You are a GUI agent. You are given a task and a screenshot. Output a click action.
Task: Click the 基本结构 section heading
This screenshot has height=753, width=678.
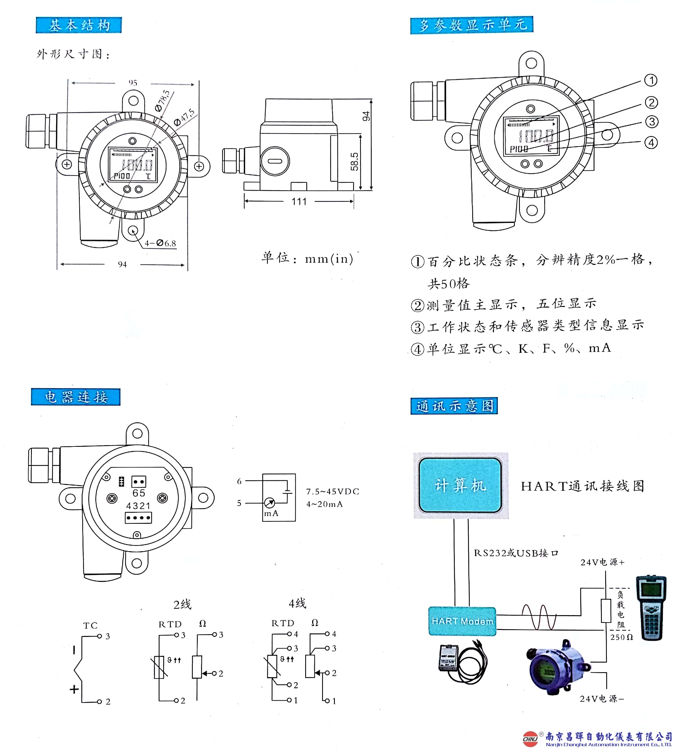point(79,25)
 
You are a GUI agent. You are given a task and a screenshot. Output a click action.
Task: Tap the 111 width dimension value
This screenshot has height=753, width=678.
point(299,202)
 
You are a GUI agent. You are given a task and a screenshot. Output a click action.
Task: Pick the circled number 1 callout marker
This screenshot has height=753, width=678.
point(651,80)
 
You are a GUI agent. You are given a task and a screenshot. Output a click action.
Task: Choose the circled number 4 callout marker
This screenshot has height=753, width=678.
point(651,143)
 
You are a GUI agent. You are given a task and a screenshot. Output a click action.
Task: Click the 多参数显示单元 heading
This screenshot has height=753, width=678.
point(472,25)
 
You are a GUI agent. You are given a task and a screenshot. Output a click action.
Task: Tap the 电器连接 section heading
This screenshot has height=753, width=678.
point(76,397)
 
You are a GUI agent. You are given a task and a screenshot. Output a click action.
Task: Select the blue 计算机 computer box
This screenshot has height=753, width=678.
point(460,485)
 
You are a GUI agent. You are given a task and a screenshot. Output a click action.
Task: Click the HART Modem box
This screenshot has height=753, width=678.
point(462,621)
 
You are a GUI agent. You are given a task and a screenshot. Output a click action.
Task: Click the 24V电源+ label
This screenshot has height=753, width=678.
point(602,562)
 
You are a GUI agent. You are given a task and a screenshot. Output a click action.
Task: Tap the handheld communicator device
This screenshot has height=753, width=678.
point(651,608)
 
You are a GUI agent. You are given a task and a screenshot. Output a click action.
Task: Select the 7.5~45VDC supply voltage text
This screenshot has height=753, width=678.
point(333,492)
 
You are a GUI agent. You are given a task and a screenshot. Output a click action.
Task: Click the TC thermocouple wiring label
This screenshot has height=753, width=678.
point(90,625)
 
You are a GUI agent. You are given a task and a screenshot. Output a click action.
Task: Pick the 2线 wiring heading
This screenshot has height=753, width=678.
point(182,604)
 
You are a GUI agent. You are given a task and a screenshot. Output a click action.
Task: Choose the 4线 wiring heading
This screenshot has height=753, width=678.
point(297,603)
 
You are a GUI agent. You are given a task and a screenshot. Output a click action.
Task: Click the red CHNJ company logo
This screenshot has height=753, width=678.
point(530,739)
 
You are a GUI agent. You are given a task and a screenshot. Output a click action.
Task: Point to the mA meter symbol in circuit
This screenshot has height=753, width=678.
point(269,503)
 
